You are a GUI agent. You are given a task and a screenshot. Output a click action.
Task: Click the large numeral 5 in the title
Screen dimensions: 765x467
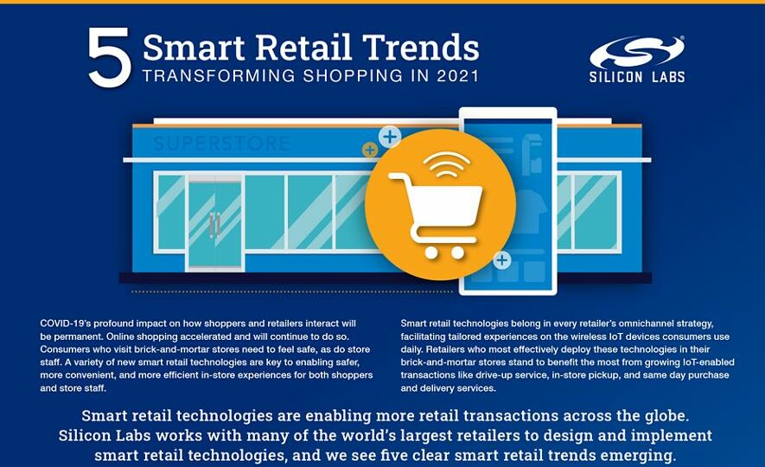[109, 57]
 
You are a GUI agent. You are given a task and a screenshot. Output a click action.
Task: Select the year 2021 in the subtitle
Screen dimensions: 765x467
[458, 76]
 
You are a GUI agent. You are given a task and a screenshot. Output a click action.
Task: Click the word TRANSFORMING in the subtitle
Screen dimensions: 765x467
[219, 76]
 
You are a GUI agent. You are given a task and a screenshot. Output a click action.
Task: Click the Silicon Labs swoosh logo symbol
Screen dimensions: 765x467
[637, 52]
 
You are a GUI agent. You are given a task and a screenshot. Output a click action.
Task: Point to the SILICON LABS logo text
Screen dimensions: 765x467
[637, 77]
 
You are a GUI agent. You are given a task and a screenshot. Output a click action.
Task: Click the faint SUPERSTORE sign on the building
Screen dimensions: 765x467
[221, 144]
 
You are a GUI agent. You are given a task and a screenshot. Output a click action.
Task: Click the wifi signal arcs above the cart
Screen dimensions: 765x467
[446, 164]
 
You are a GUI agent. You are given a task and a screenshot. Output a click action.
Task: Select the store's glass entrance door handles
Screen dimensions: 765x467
[214, 225]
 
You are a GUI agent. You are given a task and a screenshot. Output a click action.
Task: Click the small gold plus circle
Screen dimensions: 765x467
[370, 150]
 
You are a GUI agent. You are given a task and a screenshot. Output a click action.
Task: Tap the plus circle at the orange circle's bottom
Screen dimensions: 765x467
[502, 260]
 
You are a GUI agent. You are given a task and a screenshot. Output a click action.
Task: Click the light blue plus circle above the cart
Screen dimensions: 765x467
[390, 138]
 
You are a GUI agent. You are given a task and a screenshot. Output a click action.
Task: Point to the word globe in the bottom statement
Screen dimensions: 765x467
[666, 416]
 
